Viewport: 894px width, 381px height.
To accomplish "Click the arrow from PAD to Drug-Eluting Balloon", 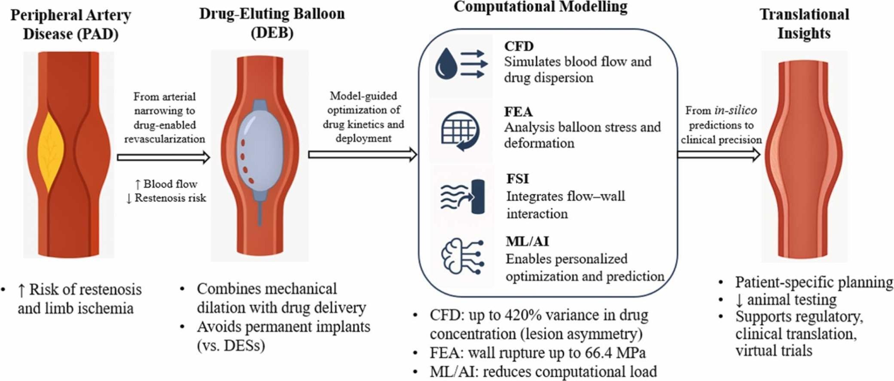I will point(163,157).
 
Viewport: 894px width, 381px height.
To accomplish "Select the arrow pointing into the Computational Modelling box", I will point(362,154).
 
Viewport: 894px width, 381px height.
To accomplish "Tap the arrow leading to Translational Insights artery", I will point(718,154).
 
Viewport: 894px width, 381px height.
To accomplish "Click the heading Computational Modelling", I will point(540,7).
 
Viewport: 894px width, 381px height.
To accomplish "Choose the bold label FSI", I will point(518,179).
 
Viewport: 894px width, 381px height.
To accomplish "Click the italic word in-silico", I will point(735,111).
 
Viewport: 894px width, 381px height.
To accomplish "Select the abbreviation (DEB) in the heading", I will point(272,33).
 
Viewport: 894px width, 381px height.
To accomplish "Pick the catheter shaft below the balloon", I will point(260,213).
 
